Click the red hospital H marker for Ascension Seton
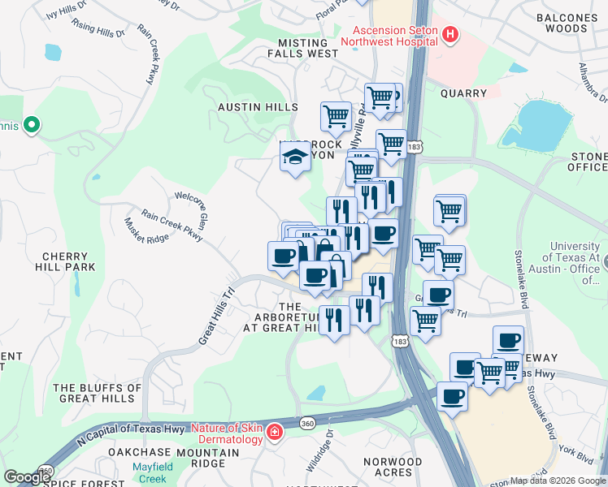coord(450,35)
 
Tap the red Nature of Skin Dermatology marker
coord(276,430)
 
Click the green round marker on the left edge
coord(32,125)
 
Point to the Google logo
coord(27,477)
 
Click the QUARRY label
coord(463,93)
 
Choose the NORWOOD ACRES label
coord(393,467)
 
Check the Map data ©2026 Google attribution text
coord(557,481)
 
